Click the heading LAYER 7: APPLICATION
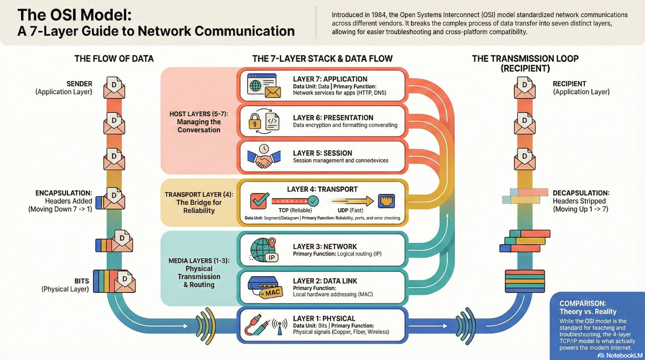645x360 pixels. [x=330, y=79]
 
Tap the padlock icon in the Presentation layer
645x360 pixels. [x=255, y=122]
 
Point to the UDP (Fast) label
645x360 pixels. [x=350, y=210]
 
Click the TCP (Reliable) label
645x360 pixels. [x=295, y=210]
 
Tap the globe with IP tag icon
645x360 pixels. [x=263, y=250]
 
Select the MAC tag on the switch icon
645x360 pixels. [x=272, y=293]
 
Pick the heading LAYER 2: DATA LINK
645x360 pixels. [x=325, y=281]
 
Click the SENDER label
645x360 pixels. [x=79, y=84]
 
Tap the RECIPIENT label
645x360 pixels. [x=569, y=84]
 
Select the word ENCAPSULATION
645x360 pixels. [x=64, y=193]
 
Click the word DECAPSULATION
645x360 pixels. [x=581, y=193]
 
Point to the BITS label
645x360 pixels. [x=82, y=281]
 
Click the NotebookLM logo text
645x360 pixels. [x=619, y=355]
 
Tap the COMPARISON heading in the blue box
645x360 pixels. [x=583, y=304]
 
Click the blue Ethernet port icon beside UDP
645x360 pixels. [x=386, y=201]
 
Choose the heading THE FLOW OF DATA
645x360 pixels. [x=114, y=59]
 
